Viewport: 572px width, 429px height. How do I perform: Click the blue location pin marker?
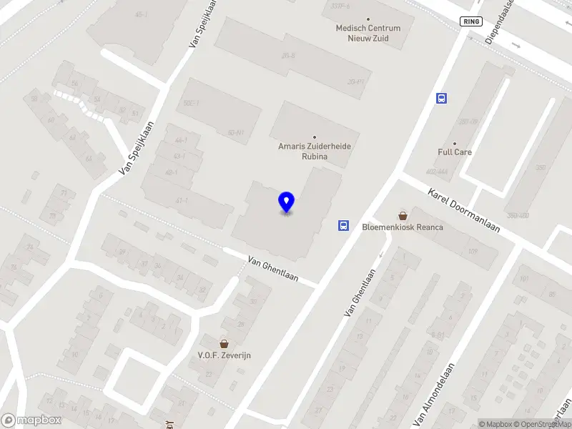point(287,202)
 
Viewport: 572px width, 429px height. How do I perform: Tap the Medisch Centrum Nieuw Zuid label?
point(368,33)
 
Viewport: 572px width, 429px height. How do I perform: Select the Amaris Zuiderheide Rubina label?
point(315,151)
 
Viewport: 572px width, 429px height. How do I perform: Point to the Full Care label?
point(455,152)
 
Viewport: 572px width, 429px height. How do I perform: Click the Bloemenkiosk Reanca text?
point(403,227)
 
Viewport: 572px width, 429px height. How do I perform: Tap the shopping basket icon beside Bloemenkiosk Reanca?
point(403,214)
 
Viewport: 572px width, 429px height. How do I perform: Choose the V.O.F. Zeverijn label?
point(225,355)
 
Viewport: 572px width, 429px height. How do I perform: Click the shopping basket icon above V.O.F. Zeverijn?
point(225,343)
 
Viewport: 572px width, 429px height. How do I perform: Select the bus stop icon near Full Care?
point(441,99)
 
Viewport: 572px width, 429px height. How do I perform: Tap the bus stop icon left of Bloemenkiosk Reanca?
point(343,226)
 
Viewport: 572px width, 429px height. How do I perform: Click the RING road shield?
point(470,21)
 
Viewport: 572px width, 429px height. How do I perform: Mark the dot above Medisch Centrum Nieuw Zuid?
point(369,19)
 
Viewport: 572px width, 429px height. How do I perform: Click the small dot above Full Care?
point(455,143)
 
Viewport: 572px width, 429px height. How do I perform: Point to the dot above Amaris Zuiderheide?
point(315,137)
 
